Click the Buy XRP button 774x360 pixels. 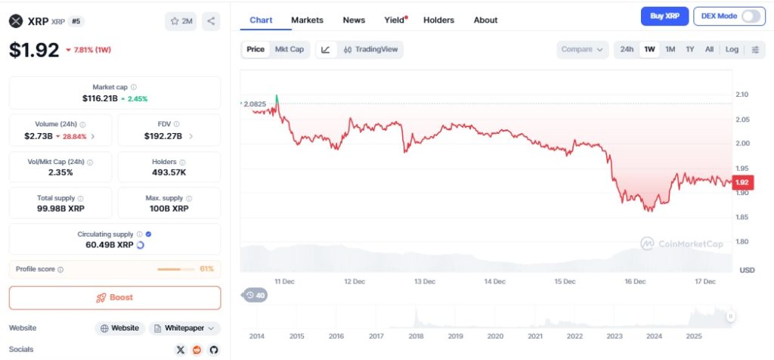[664, 17]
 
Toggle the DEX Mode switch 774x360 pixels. [751, 17]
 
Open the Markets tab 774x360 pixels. [307, 20]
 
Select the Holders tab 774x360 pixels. [439, 20]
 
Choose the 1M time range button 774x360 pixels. [670, 49]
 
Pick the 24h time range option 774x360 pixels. [627, 49]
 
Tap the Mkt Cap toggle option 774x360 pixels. [289, 49]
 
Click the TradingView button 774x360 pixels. [370, 49]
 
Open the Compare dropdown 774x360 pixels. [583, 49]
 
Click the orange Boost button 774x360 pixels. [115, 298]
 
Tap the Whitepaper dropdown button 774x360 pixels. [184, 328]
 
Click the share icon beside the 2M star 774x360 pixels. [212, 21]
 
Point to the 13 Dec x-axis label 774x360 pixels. [425, 281]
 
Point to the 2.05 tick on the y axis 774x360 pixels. [742, 119]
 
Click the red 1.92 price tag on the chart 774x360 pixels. [742, 183]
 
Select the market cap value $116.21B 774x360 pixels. [101, 98]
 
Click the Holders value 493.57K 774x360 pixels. [169, 172]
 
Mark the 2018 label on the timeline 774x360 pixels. [416, 337]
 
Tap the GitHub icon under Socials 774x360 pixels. [214, 350]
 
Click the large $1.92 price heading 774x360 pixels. [34, 50]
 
